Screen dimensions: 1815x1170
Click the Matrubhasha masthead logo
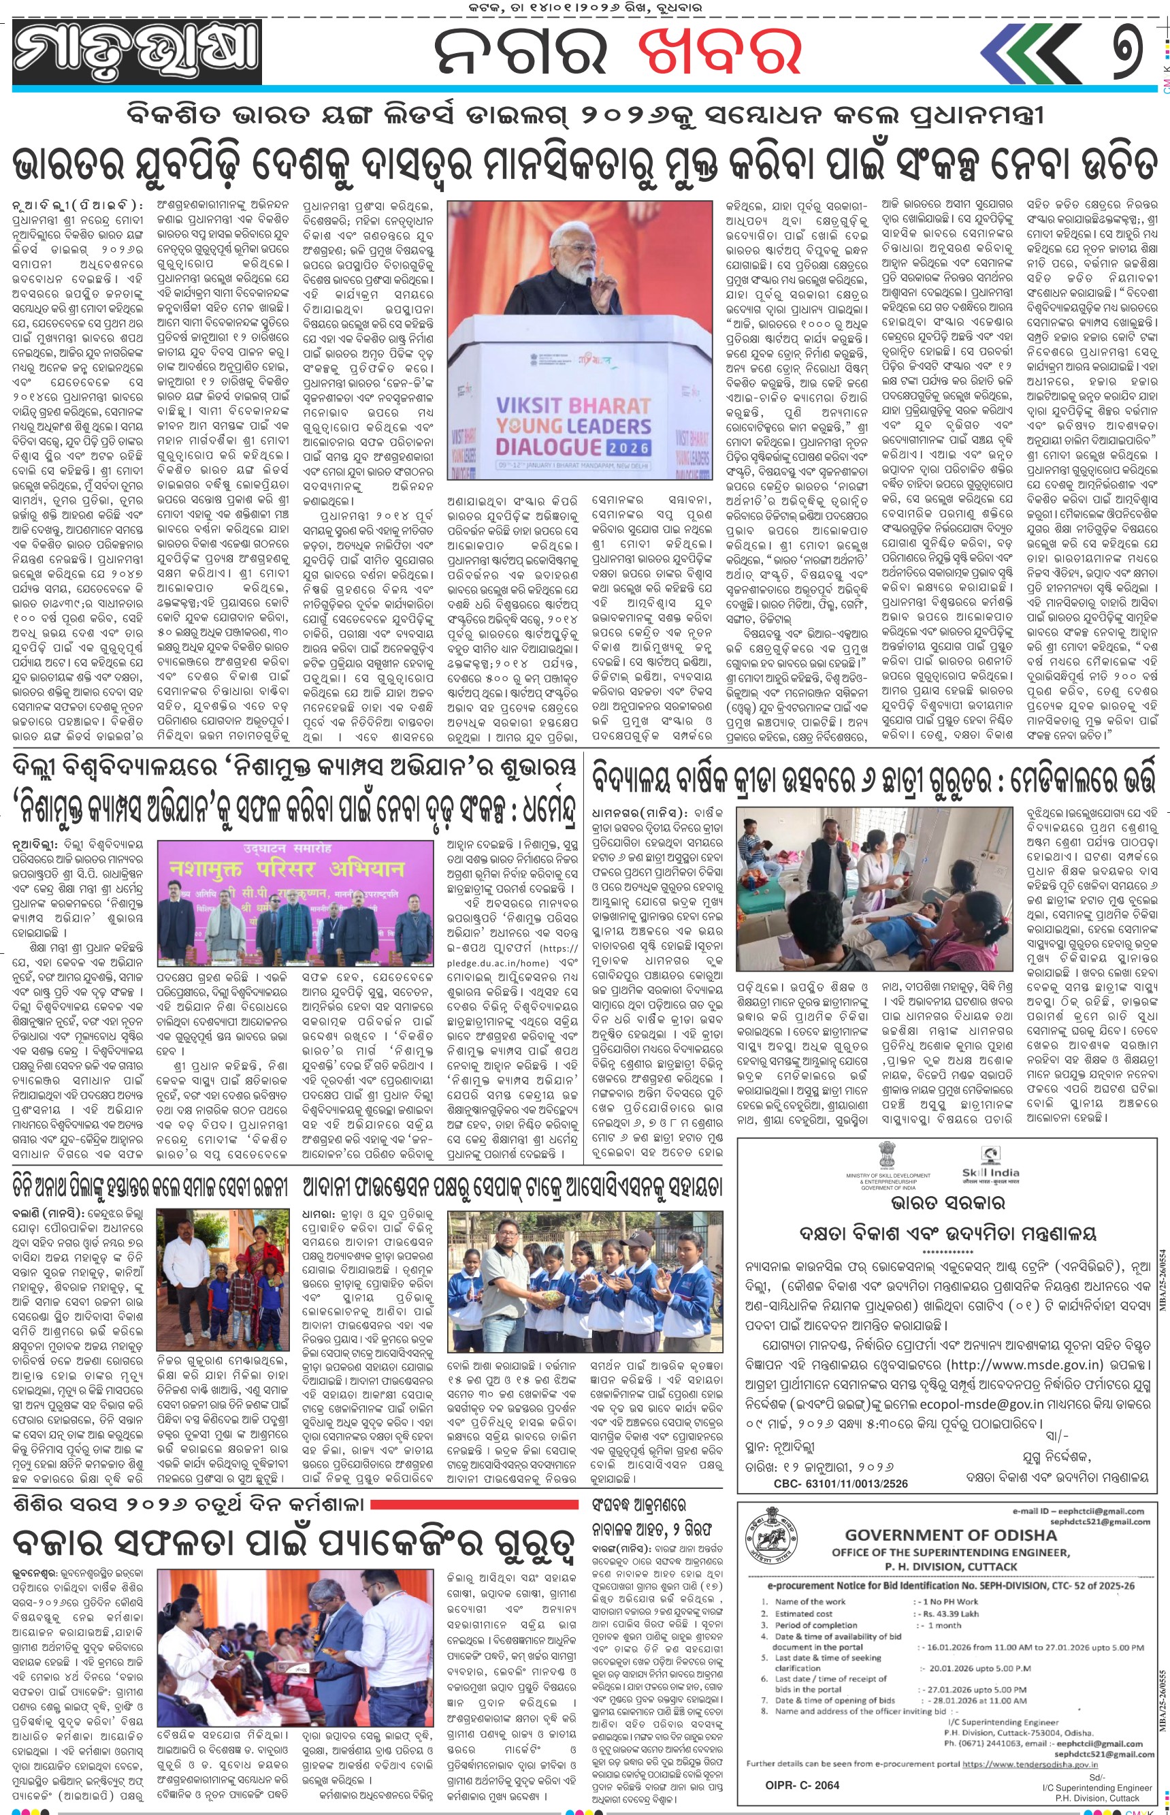coord(137,51)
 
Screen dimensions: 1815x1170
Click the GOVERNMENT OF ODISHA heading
coord(950,1535)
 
